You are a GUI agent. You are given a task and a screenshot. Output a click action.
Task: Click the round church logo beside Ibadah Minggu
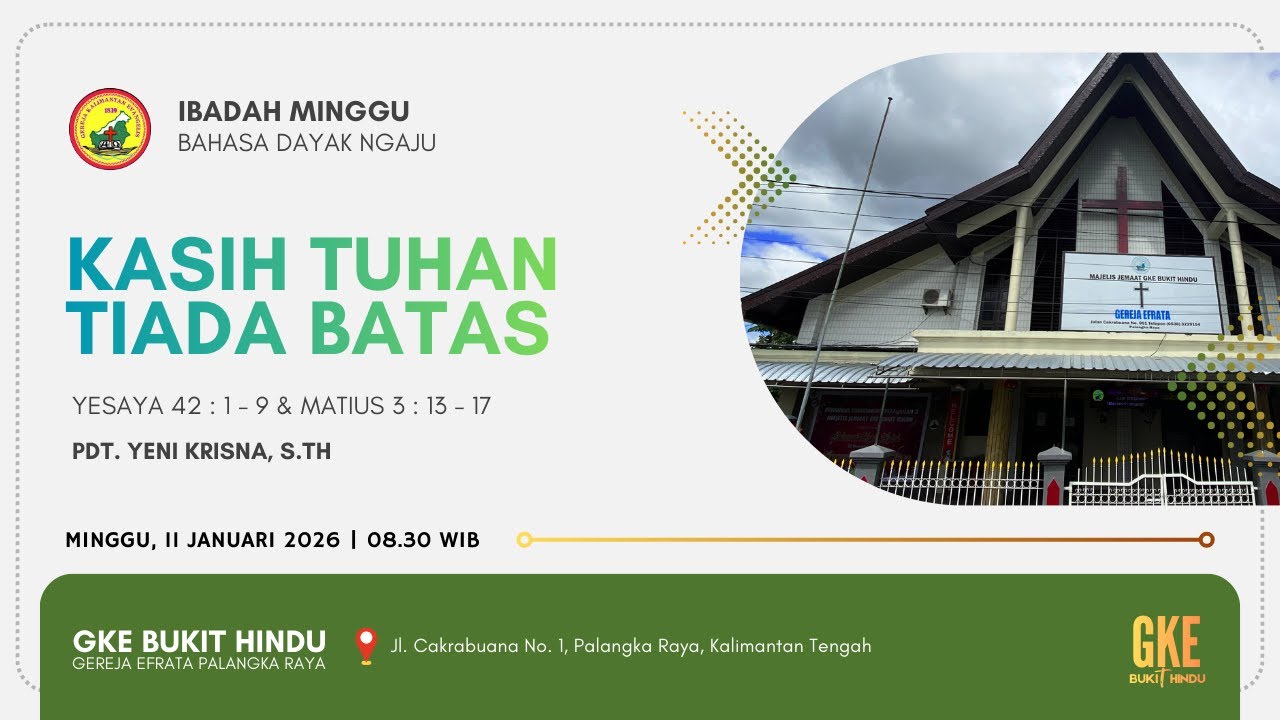pyautogui.click(x=110, y=128)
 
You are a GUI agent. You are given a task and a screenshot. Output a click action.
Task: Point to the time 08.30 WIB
pyautogui.click(x=423, y=540)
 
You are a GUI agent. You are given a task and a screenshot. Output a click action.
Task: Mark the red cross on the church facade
pyautogui.click(x=1121, y=207)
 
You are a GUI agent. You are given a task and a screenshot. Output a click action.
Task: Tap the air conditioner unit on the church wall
pyautogui.click(x=936, y=298)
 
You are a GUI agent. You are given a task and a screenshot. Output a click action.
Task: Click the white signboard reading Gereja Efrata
pyautogui.click(x=1141, y=292)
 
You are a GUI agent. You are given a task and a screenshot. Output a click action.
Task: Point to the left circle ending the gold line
pyautogui.click(x=524, y=540)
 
